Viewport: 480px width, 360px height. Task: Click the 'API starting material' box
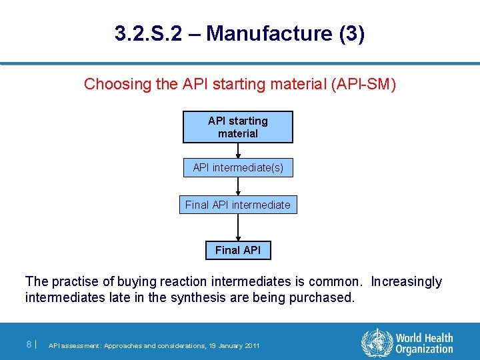pos(238,127)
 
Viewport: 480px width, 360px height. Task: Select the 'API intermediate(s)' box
pos(238,168)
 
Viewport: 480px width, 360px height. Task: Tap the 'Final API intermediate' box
pos(238,205)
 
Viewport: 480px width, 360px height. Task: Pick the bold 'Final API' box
pos(238,250)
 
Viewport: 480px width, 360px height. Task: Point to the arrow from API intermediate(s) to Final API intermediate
pos(238,187)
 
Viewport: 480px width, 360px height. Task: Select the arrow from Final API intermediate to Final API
pos(238,227)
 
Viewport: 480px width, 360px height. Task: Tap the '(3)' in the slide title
pos(351,34)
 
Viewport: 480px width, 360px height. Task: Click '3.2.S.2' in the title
pos(148,34)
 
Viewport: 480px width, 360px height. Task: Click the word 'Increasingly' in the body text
pos(406,282)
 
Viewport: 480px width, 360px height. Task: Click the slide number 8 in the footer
pos(29,345)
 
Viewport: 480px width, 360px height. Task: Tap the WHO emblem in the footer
pos(375,343)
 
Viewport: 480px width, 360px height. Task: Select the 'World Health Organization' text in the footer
pos(423,343)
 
